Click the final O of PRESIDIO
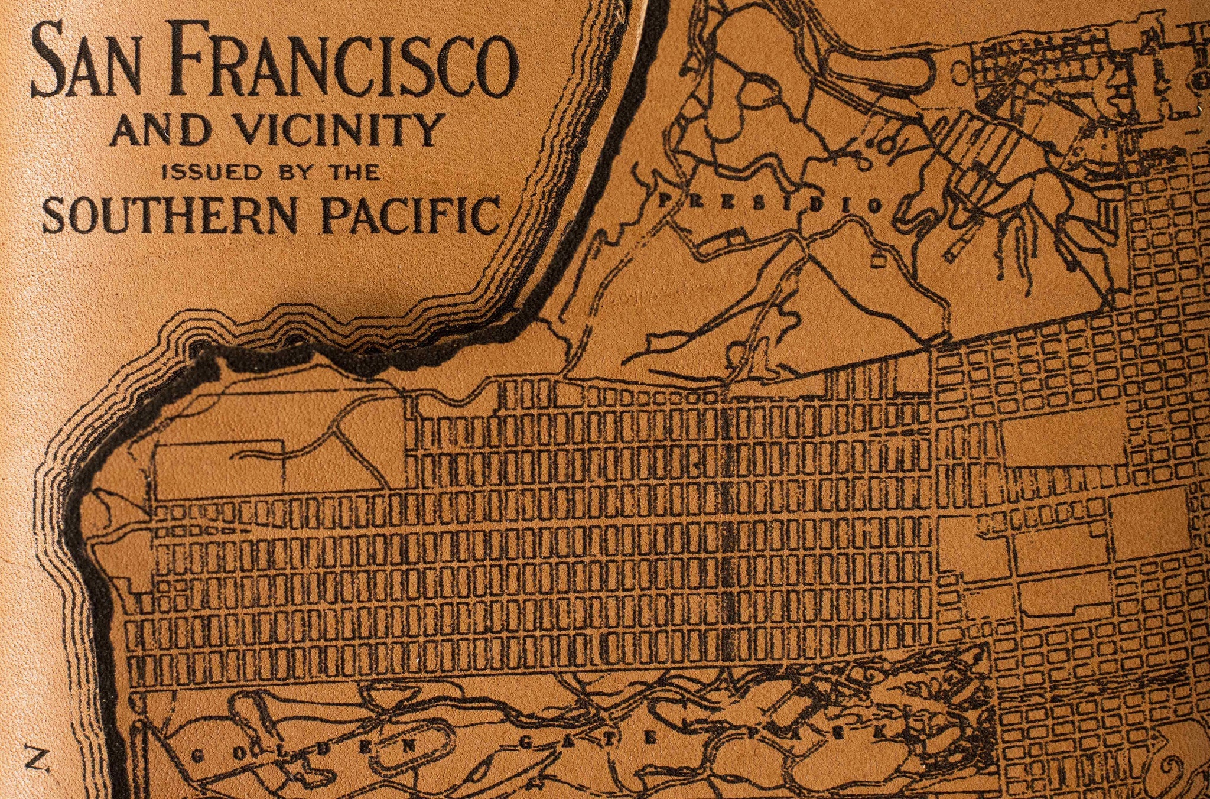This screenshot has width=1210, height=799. pyautogui.click(x=877, y=205)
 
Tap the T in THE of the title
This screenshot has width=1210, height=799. pyautogui.click(x=343, y=173)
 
